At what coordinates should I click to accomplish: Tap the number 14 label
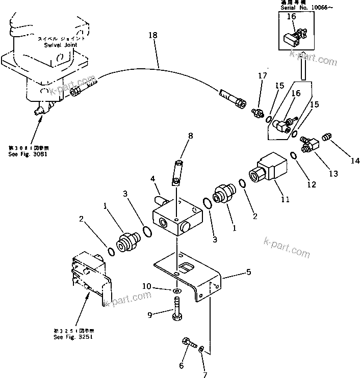pyautogui.click(x=355, y=161)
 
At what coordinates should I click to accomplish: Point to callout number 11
pyautogui.click(x=285, y=199)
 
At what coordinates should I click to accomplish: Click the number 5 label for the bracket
pyautogui.click(x=248, y=272)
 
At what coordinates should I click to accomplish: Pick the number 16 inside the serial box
pyautogui.click(x=291, y=16)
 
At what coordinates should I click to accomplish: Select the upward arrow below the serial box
pyautogui.click(x=303, y=65)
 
